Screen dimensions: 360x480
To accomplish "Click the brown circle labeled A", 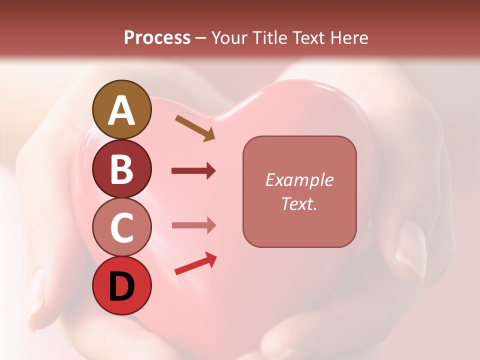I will tap(121, 110).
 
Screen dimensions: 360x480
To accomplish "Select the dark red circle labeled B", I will tap(121, 168).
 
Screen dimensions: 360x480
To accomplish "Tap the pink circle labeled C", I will tap(121, 227).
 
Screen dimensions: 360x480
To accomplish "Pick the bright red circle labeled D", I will tap(121, 285).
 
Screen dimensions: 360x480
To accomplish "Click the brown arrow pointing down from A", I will tap(194, 128).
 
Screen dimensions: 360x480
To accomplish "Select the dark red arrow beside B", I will tap(193, 171).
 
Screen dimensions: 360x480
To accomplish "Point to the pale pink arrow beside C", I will tap(193, 225).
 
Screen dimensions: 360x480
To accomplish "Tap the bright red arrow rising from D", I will tap(195, 264).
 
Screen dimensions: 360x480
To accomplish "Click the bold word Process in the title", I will tap(157, 37).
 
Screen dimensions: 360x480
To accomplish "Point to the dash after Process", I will tap(201, 38).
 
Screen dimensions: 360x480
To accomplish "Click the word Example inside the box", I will tap(299, 180).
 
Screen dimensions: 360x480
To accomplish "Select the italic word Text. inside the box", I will tap(299, 203).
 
